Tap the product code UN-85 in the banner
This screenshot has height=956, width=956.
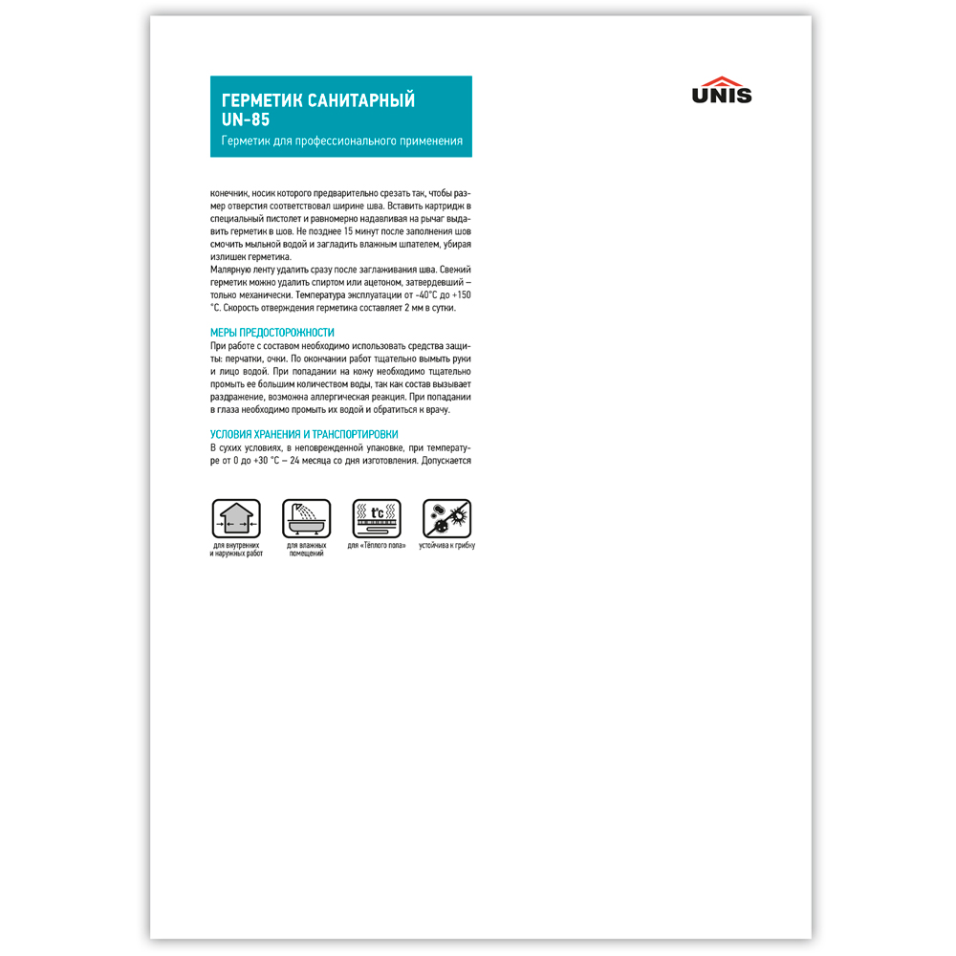[246, 119]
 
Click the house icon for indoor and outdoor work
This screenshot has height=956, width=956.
[235, 518]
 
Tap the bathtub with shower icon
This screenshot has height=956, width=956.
[306, 518]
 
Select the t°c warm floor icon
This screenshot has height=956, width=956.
[377, 518]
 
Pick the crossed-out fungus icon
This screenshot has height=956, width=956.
[446, 518]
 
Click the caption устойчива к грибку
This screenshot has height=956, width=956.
[446, 546]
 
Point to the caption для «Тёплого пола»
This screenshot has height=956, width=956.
[377, 546]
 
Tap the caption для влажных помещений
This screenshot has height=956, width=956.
[306, 550]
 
